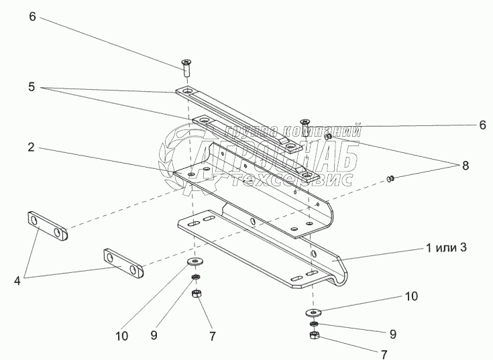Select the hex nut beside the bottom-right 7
313,335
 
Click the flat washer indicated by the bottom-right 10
313,312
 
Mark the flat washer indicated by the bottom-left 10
195,261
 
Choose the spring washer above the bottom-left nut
195,276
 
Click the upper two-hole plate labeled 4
48,227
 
